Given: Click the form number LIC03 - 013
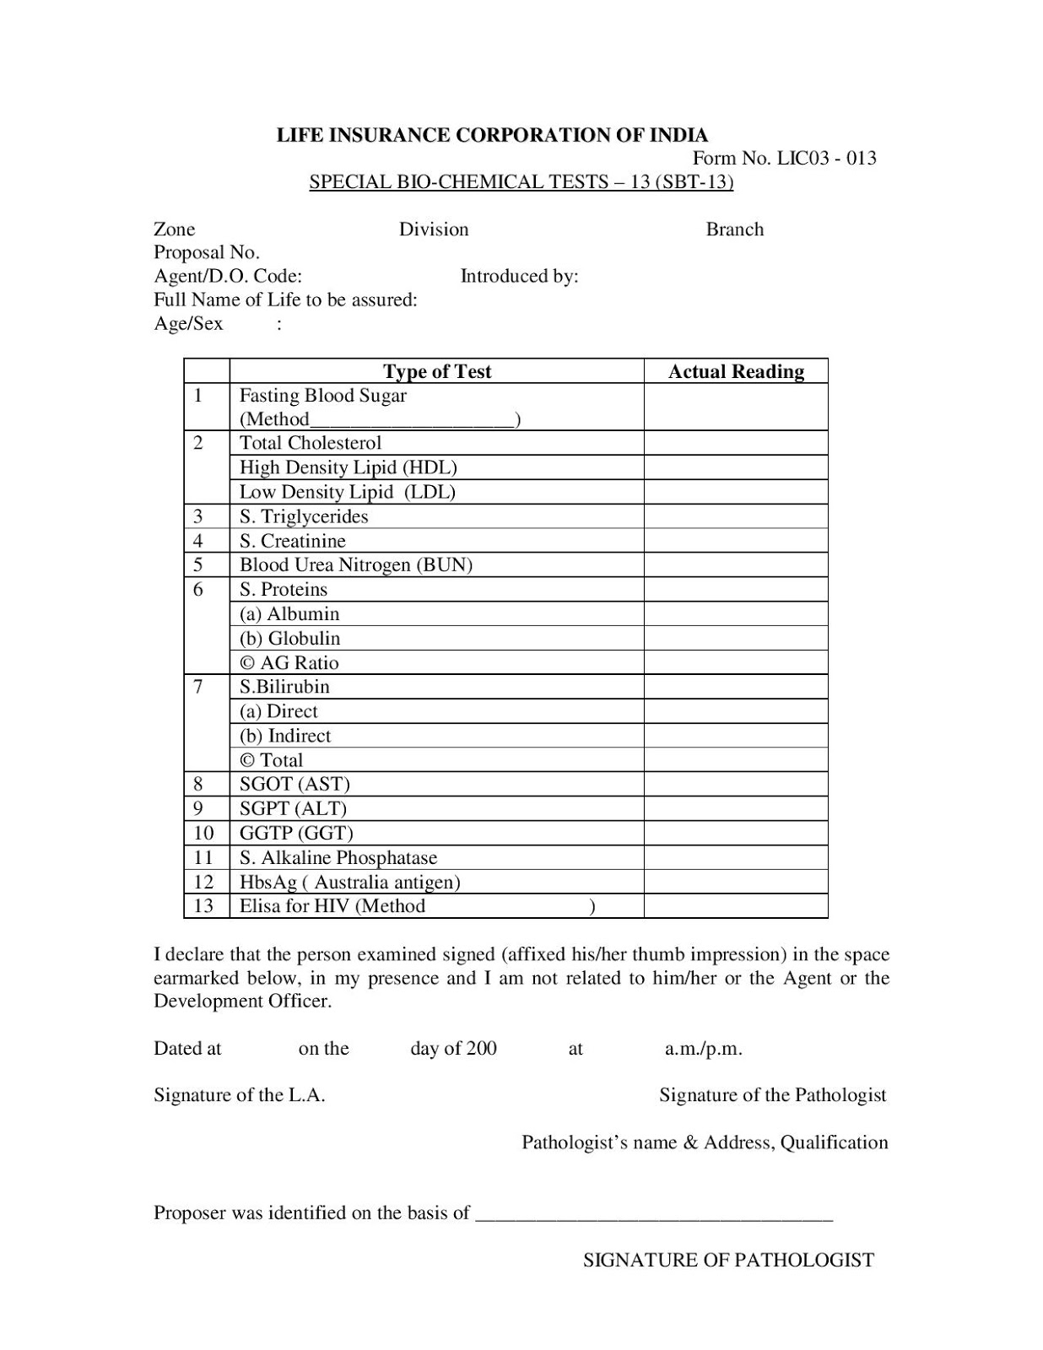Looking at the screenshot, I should click(x=784, y=158).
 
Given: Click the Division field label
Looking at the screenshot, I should click(x=433, y=229).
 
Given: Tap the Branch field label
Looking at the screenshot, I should click(x=734, y=229).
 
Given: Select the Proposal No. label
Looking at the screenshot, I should click(x=206, y=252).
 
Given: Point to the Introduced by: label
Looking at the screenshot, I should click(x=519, y=276).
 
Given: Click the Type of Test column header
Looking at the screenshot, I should click(x=436, y=371).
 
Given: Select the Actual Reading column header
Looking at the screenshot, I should click(x=735, y=371).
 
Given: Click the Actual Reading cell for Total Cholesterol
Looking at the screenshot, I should click(x=735, y=443).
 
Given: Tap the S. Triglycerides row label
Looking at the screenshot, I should click(x=303, y=516).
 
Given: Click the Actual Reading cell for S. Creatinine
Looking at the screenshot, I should click(x=735, y=541).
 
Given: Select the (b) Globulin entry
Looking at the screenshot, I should click(x=289, y=638).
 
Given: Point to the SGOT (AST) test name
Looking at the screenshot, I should click(x=294, y=784).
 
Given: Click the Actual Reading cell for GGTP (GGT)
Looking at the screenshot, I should click(x=735, y=833).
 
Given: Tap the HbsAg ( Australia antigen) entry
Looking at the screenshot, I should click(x=349, y=882).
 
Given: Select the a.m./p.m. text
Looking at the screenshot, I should click(x=703, y=1049).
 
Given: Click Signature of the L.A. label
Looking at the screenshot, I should click(x=239, y=1095).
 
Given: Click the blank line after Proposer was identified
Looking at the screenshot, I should click(x=654, y=1215).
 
